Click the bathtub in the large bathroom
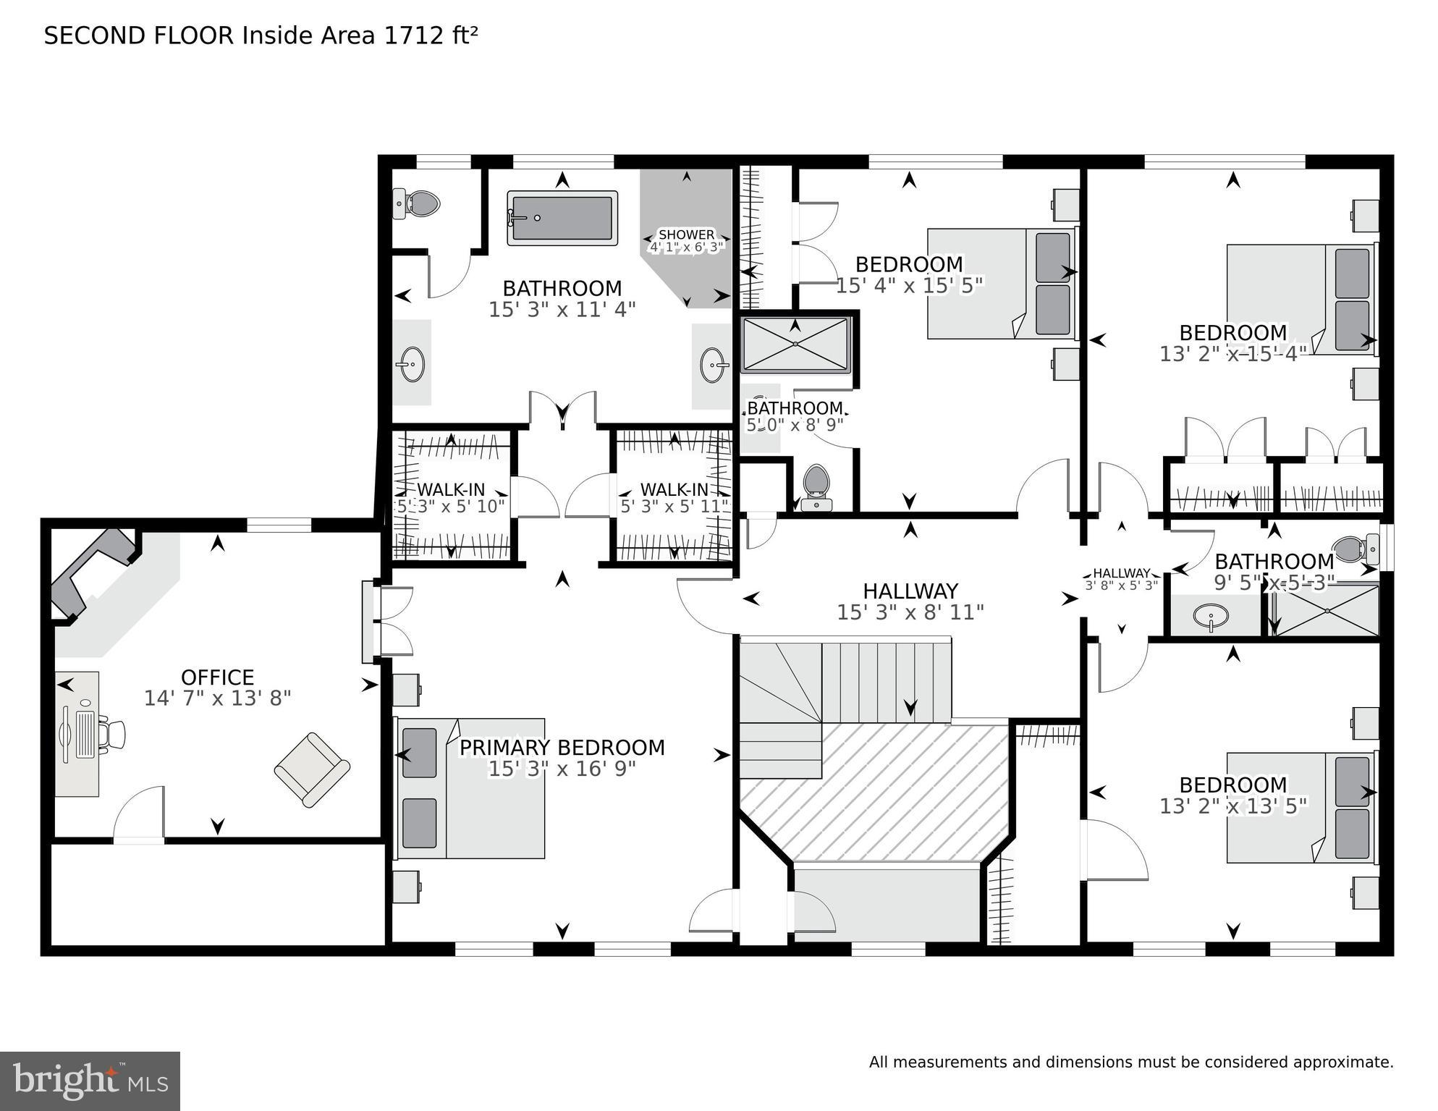(562, 217)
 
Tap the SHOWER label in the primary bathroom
(686, 235)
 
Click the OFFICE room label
(217, 677)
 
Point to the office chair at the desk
(112, 735)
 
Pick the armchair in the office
(312, 769)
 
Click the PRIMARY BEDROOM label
(562, 748)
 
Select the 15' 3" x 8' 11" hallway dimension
(910, 612)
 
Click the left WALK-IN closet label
(451, 490)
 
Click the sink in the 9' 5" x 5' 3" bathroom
(1211, 617)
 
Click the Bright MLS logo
(90, 1081)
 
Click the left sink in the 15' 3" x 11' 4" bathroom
(412, 363)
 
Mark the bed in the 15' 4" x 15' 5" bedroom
(1001, 284)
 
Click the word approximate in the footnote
(1342, 1063)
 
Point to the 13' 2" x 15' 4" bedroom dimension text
(1232, 353)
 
